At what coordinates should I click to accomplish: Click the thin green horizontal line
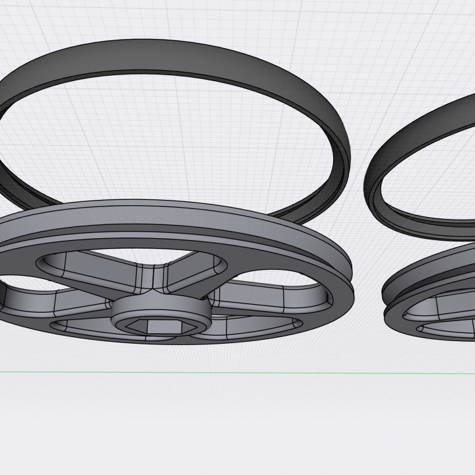[237, 373]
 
